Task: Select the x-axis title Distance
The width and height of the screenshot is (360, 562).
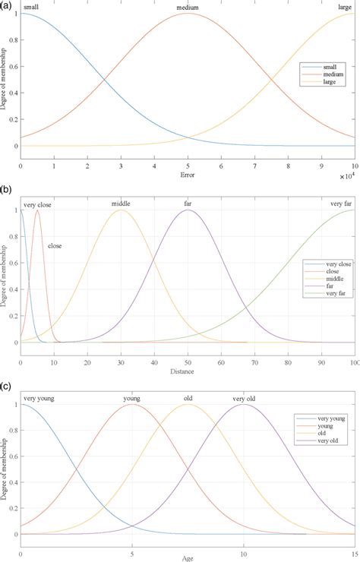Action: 187,361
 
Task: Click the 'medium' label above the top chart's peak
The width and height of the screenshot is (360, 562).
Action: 188,8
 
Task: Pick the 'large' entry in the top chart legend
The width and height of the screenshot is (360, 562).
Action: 323,81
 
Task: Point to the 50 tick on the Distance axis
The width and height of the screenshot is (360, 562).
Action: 188,351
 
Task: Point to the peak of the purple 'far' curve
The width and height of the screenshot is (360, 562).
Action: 188,210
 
